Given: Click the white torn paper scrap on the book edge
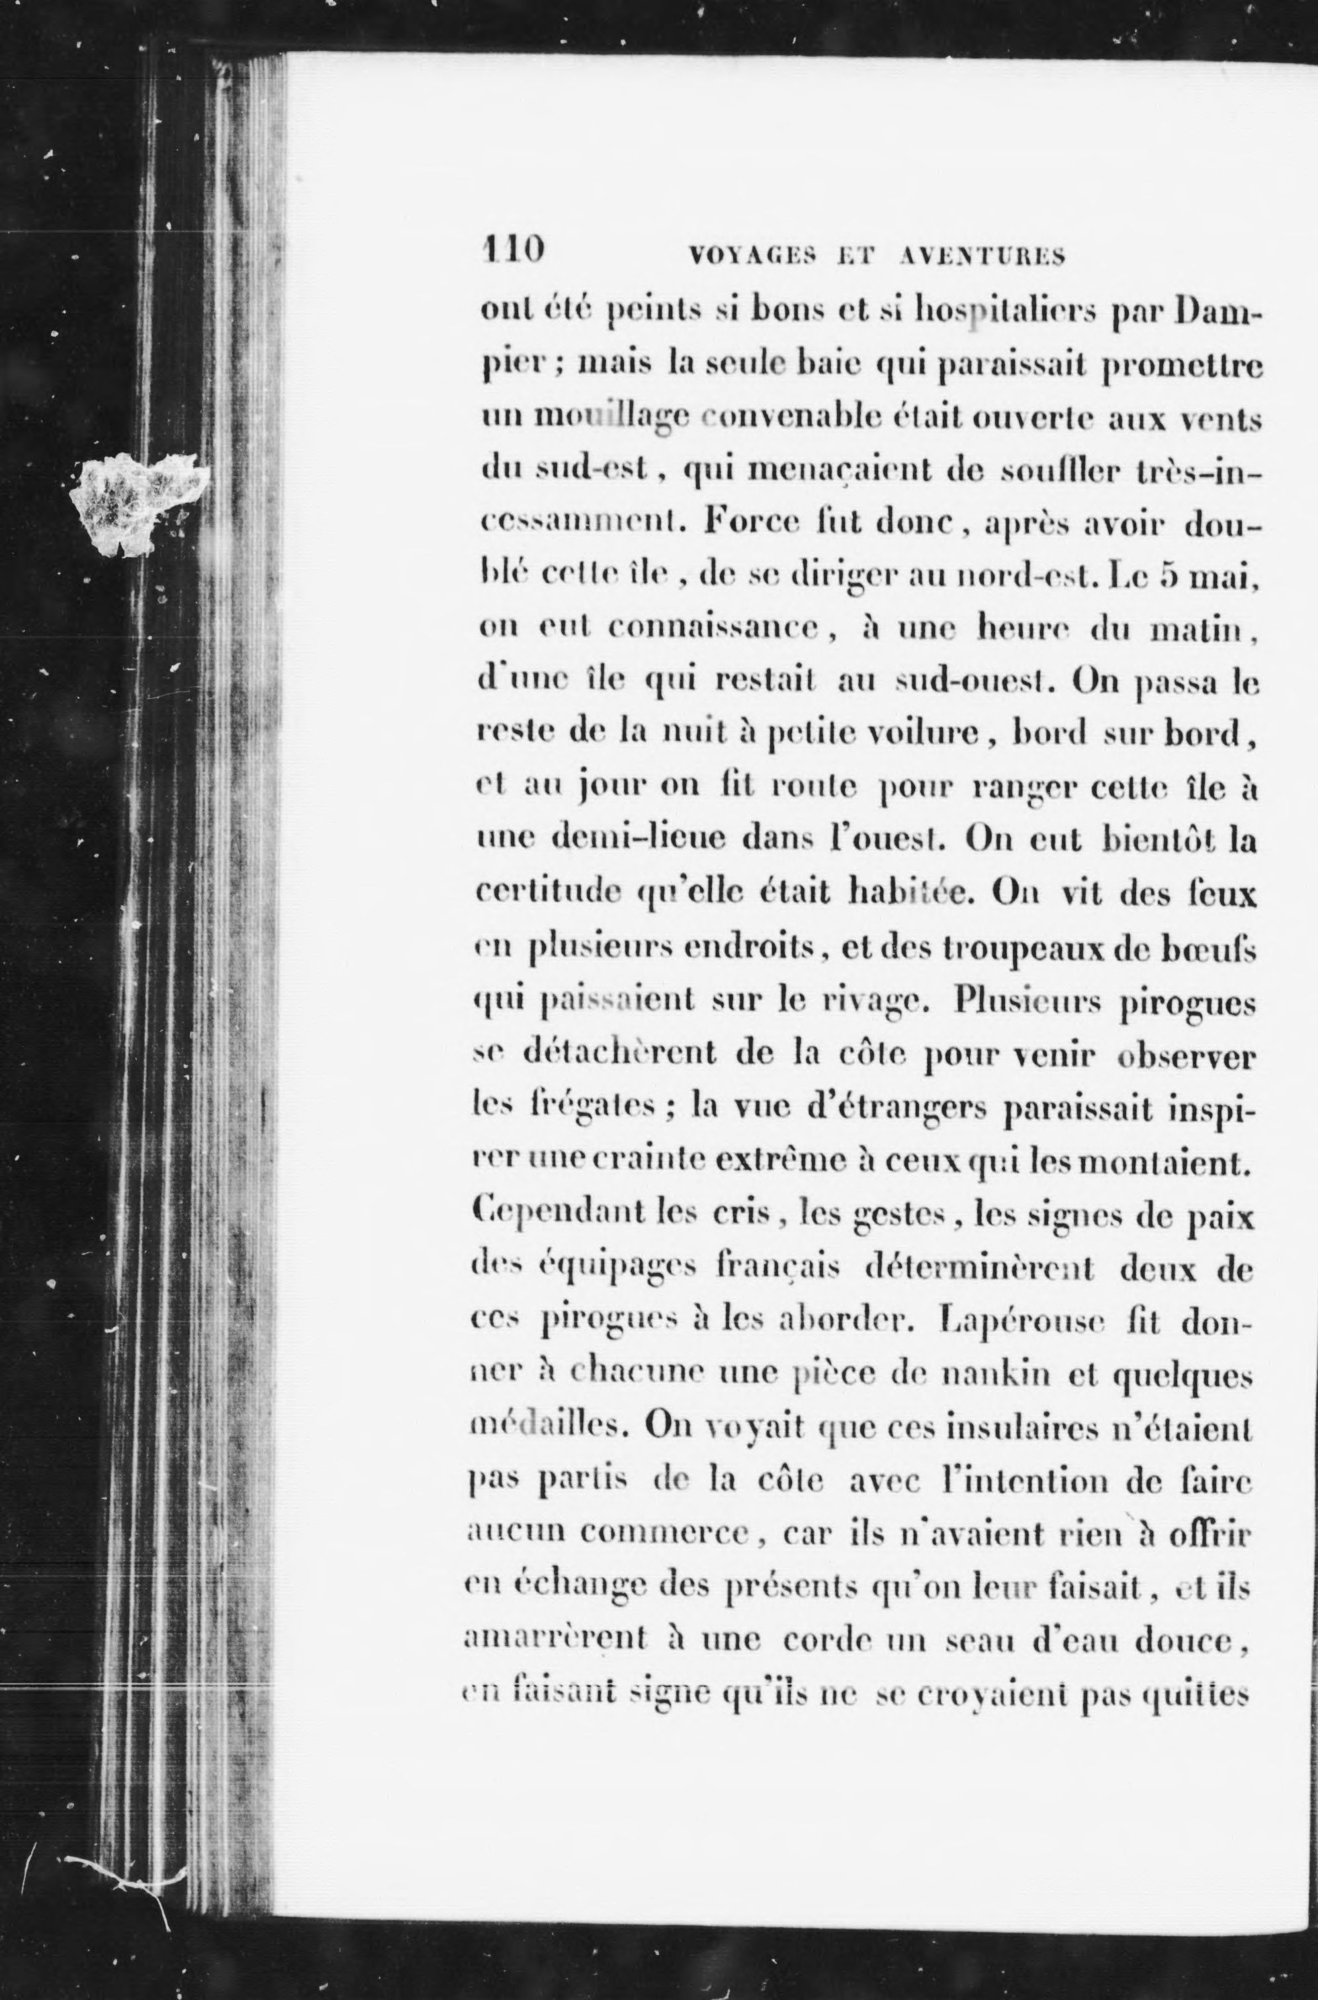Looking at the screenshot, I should point(139,503).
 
